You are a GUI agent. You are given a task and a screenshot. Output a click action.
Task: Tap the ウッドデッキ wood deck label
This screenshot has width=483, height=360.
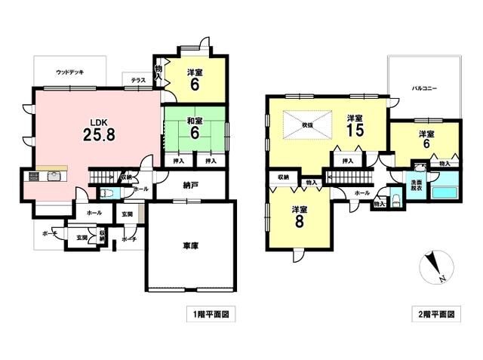point(69,72)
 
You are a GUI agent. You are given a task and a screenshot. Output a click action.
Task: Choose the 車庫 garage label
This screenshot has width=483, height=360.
point(189,245)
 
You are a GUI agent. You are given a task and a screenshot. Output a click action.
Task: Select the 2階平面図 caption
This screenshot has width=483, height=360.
point(435,312)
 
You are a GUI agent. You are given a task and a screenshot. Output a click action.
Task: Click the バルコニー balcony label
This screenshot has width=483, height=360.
point(424,89)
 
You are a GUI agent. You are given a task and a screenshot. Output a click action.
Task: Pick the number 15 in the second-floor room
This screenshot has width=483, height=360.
point(355,131)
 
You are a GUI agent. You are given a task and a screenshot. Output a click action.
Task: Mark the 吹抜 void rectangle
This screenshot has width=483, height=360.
point(307,124)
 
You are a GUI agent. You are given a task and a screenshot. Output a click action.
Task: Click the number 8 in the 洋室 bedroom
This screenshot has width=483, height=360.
point(299,222)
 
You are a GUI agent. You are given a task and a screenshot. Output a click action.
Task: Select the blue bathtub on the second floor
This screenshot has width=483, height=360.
point(445,189)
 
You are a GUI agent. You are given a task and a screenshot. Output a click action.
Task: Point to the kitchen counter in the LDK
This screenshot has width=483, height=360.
point(45,177)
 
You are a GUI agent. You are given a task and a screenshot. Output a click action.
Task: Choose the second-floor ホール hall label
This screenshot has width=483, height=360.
point(362,194)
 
